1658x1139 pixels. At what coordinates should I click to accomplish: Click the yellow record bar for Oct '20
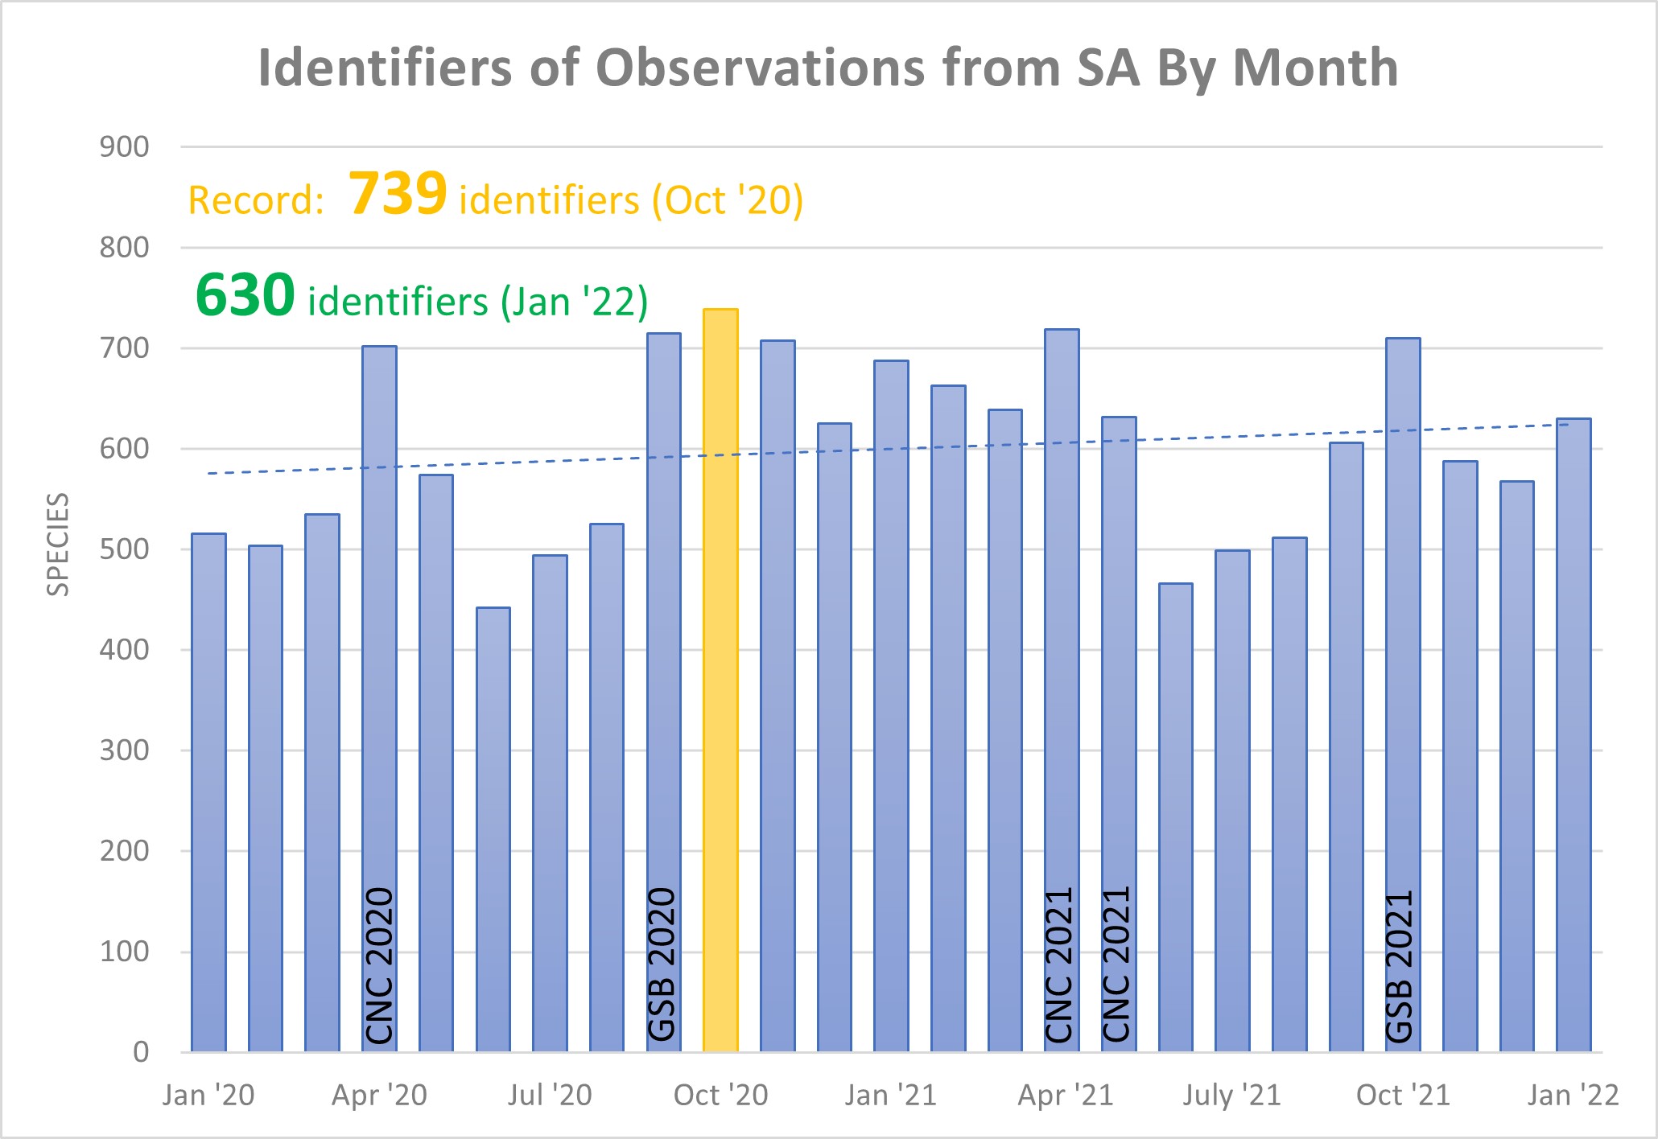tap(720, 680)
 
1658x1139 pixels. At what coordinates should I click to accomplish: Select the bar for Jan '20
tap(208, 792)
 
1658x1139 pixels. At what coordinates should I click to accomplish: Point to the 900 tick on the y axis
tap(124, 147)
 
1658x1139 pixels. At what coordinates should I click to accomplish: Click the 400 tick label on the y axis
tap(124, 650)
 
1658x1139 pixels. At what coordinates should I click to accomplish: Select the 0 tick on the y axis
tap(141, 1052)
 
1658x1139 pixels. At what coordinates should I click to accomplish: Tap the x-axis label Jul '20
tap(550, 1096)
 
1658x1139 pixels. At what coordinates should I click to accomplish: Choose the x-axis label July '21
tap(1231, 1096)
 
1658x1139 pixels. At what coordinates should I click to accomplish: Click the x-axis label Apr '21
tap(1066, 1096)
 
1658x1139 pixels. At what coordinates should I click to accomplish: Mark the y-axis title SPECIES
tap(58, 545)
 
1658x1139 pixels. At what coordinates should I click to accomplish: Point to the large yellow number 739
tap(398, 194)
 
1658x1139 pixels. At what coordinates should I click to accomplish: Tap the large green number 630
tap(245, 295)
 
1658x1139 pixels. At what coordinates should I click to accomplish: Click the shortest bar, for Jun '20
tap(493, 829)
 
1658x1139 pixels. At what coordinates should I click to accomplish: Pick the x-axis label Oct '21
tap(1403, 1096)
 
